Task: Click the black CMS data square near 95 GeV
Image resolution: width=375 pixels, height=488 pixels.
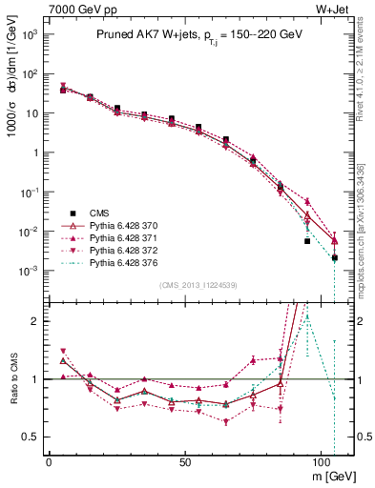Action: point(307,241)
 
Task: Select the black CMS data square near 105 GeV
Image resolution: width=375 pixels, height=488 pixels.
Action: point(335,258)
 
